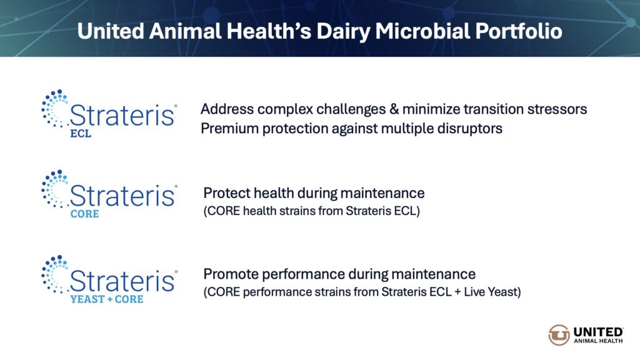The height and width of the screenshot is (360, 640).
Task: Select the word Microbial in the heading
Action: [422, 31]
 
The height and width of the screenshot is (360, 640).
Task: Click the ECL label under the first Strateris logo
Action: [81, 134]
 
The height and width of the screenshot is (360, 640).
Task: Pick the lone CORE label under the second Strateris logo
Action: [84, 214]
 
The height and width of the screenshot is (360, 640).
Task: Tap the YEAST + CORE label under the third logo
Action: [106, 299]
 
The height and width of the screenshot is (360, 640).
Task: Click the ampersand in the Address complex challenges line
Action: [394, 109]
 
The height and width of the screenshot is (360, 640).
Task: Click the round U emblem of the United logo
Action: [559, 335]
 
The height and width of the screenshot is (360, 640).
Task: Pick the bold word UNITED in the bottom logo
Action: [598, 332]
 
